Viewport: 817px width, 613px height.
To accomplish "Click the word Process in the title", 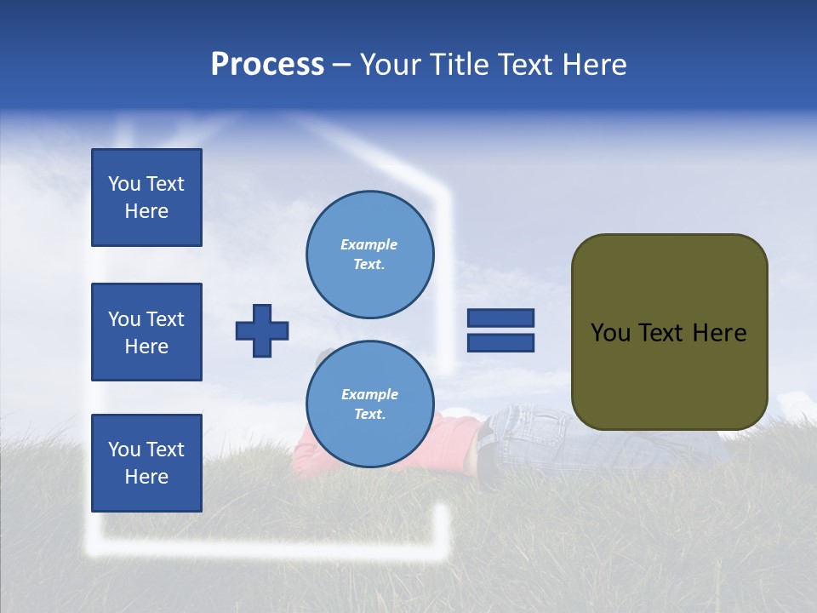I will [x=267, y=65].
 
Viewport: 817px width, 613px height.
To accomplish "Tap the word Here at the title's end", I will [x=595, y=65].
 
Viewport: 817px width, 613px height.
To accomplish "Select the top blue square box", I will [x=146, y=198].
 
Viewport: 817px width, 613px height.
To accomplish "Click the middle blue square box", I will [x=146, y=332].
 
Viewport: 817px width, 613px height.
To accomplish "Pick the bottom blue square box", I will [x=146, y=463].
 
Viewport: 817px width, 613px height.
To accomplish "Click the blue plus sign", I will [x=262, y=330].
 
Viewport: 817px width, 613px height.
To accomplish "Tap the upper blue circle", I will [x=370, y=255].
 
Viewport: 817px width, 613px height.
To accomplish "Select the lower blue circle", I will [x=370, y=404].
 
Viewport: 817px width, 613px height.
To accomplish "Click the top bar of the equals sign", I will [x=500, y=318].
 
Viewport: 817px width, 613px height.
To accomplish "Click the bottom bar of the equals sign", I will [x=500, y=343].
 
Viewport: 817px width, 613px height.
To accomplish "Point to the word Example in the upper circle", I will [x=369, y=244].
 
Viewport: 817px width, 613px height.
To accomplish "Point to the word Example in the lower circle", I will [x=369, y=394].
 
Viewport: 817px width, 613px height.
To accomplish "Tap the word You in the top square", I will [x=123, y=184].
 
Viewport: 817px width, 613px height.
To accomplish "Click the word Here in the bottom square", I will [x=146, y=477].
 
